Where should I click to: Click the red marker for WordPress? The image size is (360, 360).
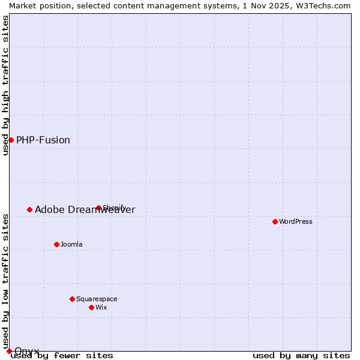pos(275,221)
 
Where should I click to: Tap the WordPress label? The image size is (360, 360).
pos(296,221)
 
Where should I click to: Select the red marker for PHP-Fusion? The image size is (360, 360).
pos(11,140)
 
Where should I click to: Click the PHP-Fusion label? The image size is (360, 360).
pos(43,140)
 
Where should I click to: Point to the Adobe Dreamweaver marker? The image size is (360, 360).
pos(29,209)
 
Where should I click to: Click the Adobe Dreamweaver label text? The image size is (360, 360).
pos(85,209)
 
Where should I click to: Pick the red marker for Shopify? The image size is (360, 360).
pos(99,208)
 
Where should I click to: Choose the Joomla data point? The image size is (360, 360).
pos(56,244)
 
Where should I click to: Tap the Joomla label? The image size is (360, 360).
pos(71,244)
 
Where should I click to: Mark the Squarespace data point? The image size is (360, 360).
pos(72,299)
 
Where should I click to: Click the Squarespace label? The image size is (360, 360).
pos(97,299)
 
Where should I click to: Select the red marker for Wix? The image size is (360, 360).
pos(91,307)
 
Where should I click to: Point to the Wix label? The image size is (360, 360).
pos(101,307)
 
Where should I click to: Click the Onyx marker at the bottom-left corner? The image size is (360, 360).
pos(9,351)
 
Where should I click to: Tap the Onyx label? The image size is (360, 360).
pos(27,351)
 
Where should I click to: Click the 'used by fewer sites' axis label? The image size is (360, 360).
pos(62,356)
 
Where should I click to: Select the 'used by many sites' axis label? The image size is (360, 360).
pos(301,356)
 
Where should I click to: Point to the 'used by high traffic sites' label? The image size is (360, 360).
pos(5,85)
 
